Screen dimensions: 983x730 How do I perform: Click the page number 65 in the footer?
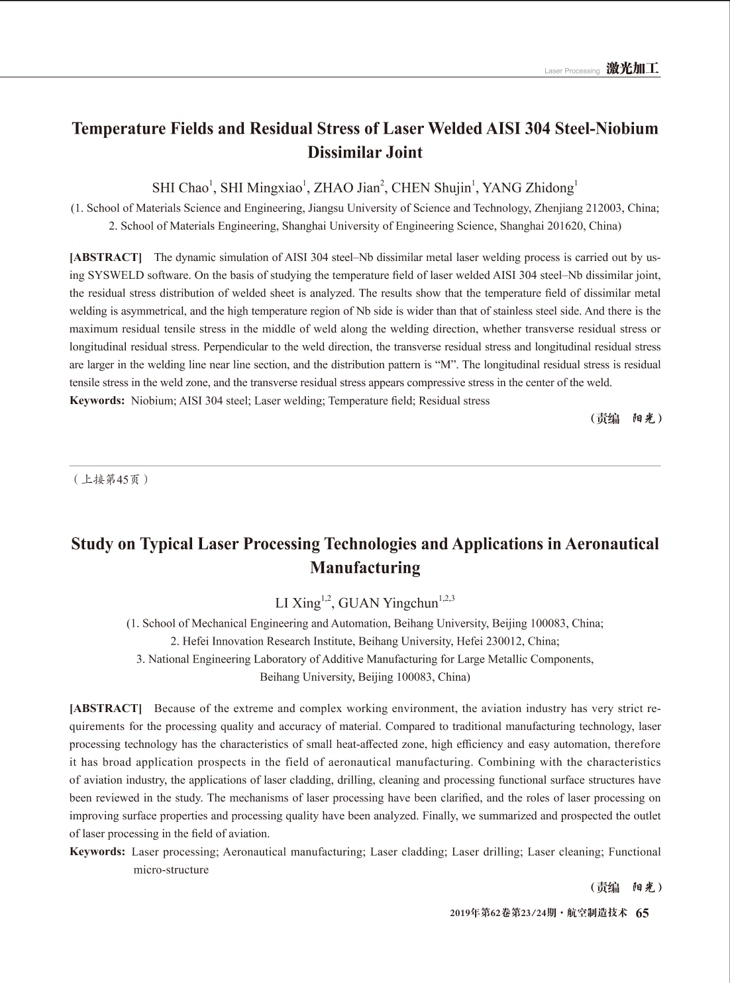642,913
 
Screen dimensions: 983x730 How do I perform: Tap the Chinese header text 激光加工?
633,69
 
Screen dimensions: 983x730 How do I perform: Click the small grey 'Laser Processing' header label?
572,71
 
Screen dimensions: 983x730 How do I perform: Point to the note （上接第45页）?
110,480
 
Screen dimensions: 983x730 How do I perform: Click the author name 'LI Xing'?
297,603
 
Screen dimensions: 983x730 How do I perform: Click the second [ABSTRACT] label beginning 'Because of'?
106,709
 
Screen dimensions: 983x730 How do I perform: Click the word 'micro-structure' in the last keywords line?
171,870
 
